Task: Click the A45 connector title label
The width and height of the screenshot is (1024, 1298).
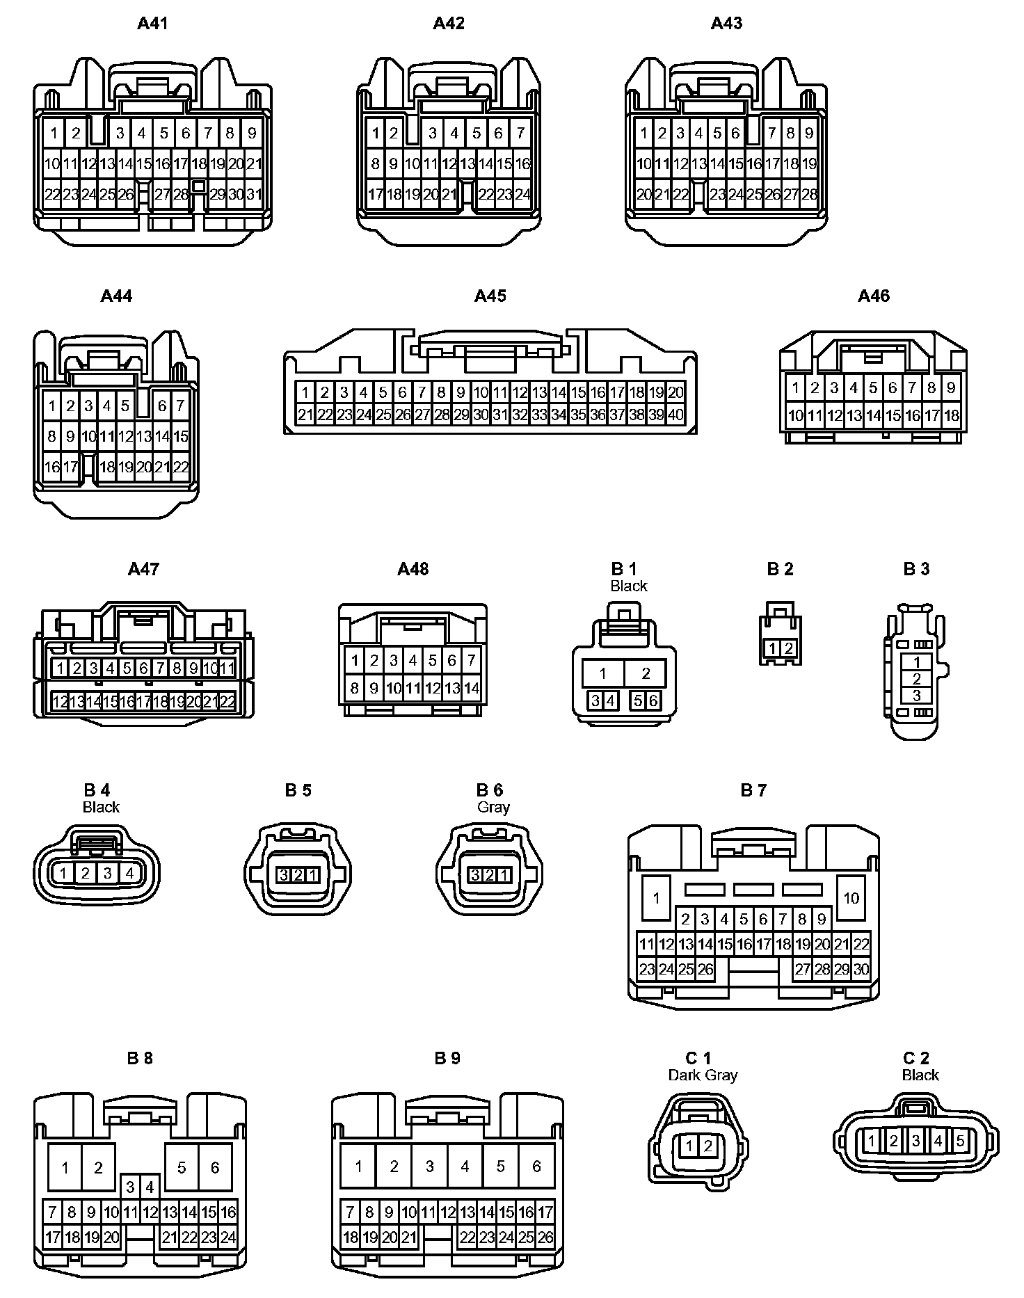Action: pyautogui.click(x=490, y=296)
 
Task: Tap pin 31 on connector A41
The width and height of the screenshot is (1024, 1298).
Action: pyautogui.click(x=254, y=194)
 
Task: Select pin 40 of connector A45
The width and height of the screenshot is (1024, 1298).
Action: pyautogui.click(x=675, y=415)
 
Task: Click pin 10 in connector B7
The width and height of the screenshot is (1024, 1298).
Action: pyautogui.click(x=851, y=898)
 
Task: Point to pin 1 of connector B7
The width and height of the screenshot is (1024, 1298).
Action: pyautogui.click(x=656, y=898)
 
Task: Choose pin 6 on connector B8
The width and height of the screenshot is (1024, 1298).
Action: pyautogui.click(x=215, y=1167)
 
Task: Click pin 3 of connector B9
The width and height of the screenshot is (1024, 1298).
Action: pyautogui.click(x=429, y=1167)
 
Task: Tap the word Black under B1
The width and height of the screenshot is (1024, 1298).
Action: pyautogui.click(x=628, y=586)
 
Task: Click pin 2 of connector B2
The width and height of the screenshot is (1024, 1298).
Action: pyautogui.click(x=788, y=648)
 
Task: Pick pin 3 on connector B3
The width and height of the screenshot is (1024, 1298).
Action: pyautogui.click(x=916, y=695)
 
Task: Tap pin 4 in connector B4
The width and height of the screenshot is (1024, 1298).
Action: pyautogui.click(x=129, y=872)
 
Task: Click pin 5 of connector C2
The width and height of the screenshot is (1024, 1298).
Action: pyautogui.click(x=960, y=1141)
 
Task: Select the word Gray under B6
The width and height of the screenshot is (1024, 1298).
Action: pyautogui.click(x=493, y=807)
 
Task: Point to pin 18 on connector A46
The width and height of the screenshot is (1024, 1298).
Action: pyautogui.click(x=951, y=416)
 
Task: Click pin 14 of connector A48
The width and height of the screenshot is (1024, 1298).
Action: pyautogui.click(x=471, y=688)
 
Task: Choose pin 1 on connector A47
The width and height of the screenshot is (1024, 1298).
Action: pyautogui.click(x=61, y=668)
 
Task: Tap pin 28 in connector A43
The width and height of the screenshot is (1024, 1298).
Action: pyautogui.click(x=809, y=194)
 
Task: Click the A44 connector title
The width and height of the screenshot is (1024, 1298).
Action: pyautogui.click(x=116, y=296)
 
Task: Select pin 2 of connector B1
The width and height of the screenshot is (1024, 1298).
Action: pyautogui.click(x=646, y=673)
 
